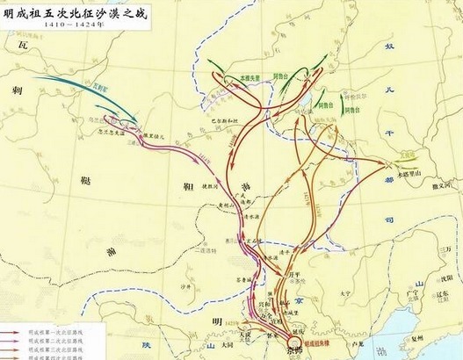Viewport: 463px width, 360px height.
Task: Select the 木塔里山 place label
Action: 406,173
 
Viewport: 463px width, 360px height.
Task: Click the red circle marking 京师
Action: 293,342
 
